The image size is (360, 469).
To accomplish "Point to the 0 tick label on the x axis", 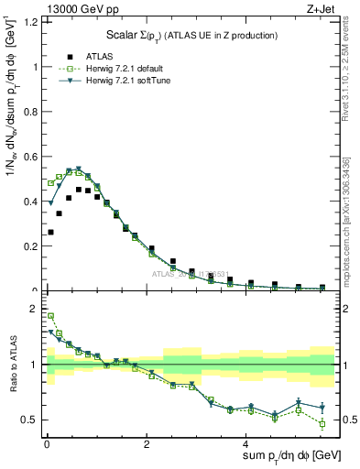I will [47, 444].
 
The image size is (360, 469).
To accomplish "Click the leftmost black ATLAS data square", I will [50, 232].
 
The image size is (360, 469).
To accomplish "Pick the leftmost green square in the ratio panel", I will [50, 315].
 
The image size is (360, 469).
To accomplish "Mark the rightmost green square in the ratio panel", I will [322, 423].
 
